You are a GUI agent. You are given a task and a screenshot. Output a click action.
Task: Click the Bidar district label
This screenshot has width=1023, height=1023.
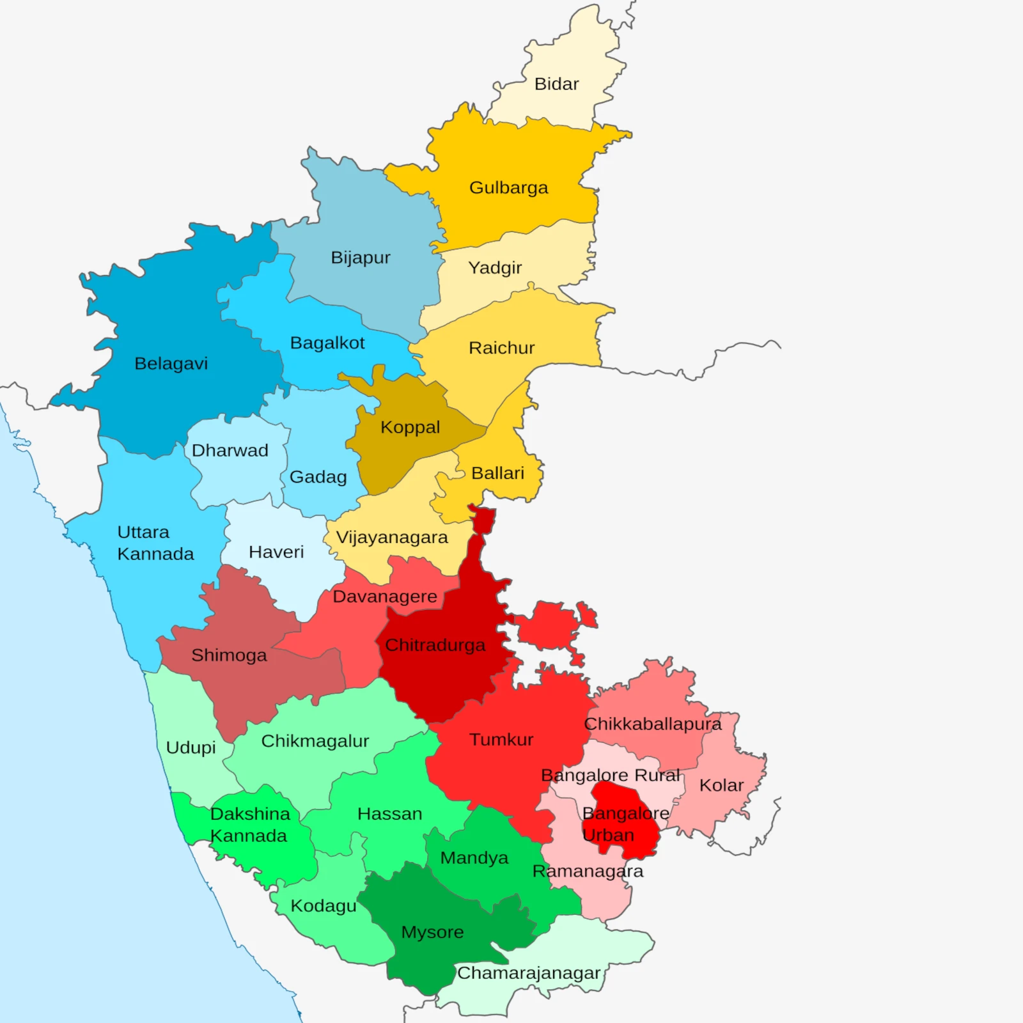coord(556,84)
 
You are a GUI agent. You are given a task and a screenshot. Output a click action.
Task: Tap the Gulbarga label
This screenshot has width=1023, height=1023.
coord(508,187)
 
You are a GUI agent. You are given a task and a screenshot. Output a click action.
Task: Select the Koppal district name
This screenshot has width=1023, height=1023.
coord(410,427)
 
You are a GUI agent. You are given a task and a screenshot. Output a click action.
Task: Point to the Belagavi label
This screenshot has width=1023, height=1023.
coord(171,363)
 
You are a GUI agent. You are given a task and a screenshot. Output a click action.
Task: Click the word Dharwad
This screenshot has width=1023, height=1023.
coord(230,450)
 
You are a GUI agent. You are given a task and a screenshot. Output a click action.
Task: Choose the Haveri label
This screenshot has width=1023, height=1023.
coord(276,552)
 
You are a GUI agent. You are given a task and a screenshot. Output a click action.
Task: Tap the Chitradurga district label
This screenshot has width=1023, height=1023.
coord(435,645)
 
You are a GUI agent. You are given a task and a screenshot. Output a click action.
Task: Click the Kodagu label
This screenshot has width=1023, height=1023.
coord(323,906)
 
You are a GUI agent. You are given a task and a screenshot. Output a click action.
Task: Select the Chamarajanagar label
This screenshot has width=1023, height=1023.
coord(528,973)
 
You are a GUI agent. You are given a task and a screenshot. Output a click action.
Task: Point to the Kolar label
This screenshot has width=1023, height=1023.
coord(721,785)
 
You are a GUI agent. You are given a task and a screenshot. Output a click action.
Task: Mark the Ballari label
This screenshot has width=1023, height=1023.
coord(497,473)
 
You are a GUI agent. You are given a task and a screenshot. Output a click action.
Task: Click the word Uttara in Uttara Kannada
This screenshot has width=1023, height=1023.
coord(143,532)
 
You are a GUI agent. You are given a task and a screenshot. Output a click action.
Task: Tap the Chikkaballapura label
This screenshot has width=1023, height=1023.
coord(652,724)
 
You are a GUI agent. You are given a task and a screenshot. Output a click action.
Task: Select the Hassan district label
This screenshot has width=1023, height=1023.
coord(389,814)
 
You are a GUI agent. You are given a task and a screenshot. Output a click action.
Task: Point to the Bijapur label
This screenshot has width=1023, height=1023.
coord(360,258)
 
